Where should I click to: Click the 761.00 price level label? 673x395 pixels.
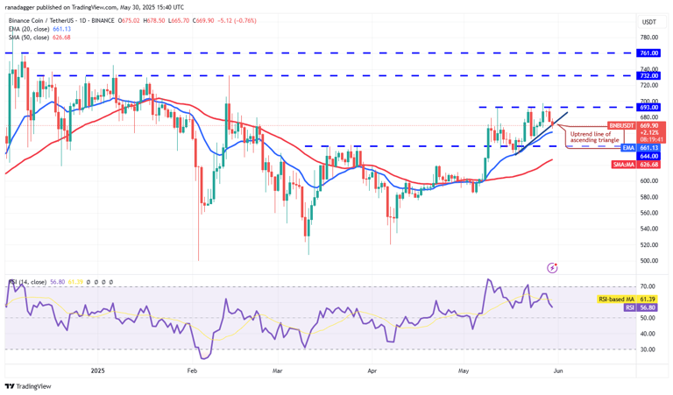(649, 53)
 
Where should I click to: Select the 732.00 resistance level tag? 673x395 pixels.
(649, 75)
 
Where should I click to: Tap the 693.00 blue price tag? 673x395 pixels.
(649, 108)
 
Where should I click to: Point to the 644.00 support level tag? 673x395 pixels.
(649, 156)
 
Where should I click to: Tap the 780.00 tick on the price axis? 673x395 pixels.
(649, 38)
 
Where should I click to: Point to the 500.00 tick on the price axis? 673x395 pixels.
(649, 261)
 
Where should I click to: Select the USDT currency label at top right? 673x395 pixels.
(649, 22)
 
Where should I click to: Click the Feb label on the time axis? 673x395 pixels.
(194, 370)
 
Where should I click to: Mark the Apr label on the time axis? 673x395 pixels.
(372, 370)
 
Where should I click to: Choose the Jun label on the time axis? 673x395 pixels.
(558, 370)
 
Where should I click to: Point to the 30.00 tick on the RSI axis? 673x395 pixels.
(649, 349)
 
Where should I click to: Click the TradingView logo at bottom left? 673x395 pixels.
(28, 386)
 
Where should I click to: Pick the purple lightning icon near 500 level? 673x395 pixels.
(552, 266)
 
